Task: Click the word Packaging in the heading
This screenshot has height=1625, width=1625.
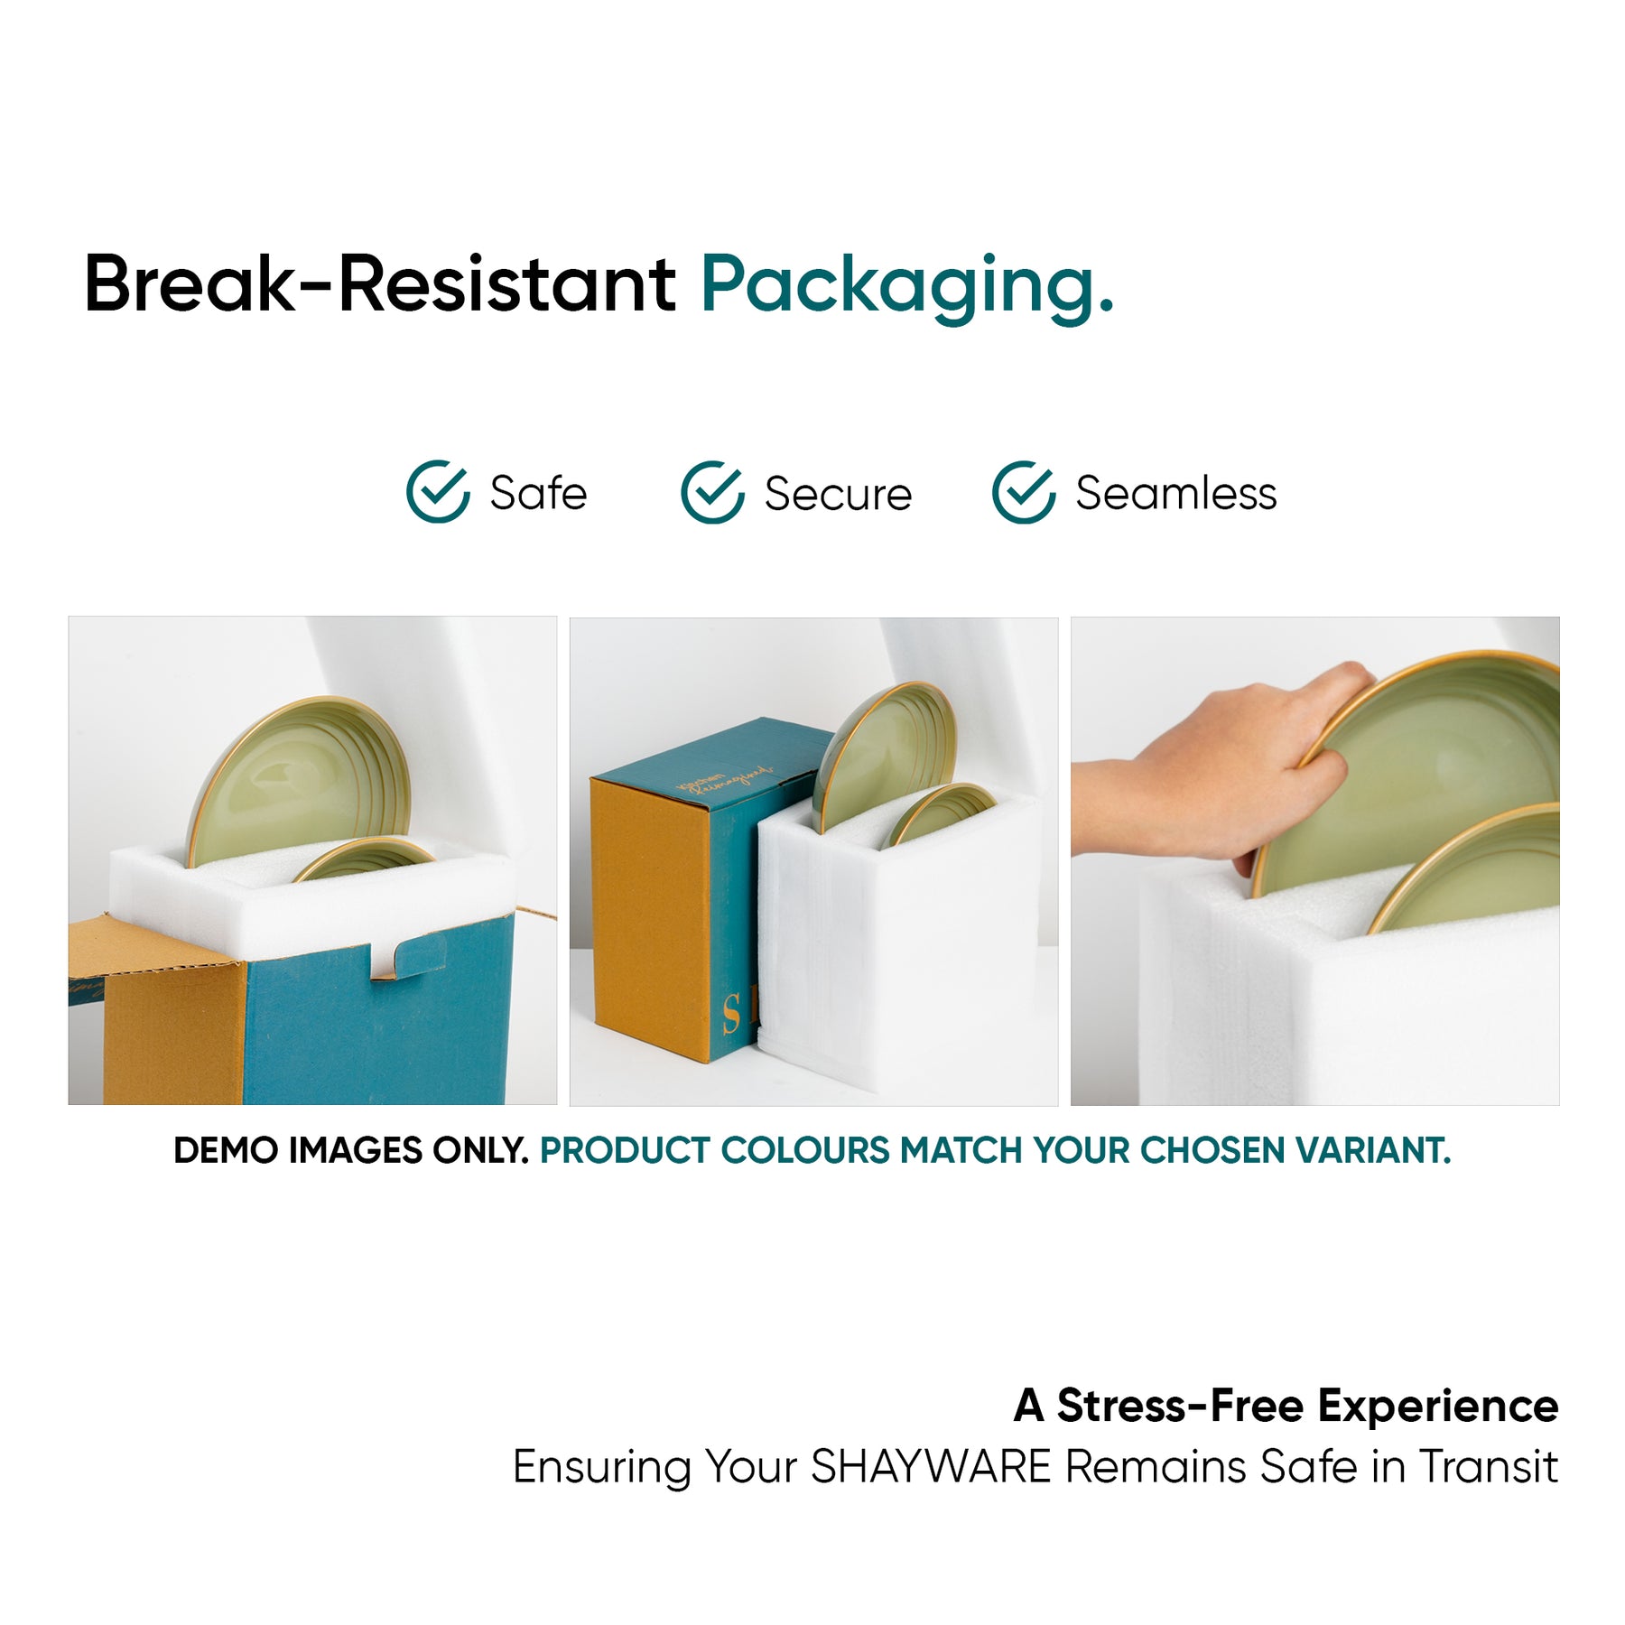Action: [907, 287]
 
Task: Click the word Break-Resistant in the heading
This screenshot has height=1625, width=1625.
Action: [380, 283]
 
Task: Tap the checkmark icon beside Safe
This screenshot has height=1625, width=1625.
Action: [438, 492]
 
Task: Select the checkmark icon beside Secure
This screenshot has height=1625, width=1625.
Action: [712, 492]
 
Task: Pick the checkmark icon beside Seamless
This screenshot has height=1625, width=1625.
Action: [1024, 492]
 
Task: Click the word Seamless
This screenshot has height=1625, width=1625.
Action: [1176, 494]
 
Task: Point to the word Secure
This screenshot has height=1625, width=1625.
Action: [838, 494]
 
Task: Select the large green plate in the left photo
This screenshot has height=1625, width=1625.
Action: [298, 781]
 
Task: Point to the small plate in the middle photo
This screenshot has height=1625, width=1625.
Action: [939, 812]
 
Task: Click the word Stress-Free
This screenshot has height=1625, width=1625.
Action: [1180, 1406]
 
